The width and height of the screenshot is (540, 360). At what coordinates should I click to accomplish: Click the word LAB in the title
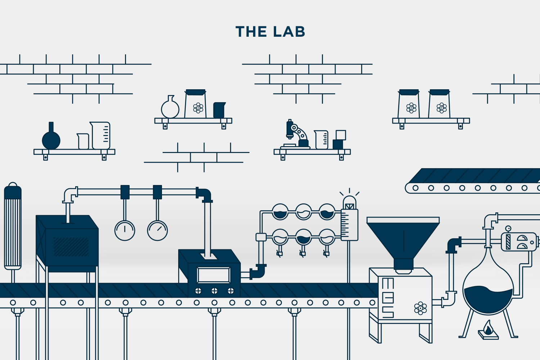[x=289, y=32]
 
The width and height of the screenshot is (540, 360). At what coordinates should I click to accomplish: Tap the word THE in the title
[x=251, y=32]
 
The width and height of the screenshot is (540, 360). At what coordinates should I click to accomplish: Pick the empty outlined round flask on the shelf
[x=170, y=108]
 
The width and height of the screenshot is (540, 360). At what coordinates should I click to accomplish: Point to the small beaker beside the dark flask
[x=83, y=141]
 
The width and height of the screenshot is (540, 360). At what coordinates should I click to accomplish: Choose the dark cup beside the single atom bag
[x=219, y=110]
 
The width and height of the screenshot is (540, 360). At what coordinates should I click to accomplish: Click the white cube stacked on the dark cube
[x=341, y=135]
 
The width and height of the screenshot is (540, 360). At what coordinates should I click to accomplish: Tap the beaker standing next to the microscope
[x=321, y=140]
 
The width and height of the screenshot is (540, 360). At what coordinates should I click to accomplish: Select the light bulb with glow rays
[x=349, y=202]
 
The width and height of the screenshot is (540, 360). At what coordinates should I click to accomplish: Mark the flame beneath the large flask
[x=488, y=328]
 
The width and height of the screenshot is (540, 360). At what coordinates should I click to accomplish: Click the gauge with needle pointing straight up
[x=125, y=230]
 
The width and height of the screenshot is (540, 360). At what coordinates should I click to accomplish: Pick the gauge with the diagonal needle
[x=157, y=230]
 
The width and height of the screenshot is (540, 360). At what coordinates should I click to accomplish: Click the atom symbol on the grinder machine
[x=420, y=308]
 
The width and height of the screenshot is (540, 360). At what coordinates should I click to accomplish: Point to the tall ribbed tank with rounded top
[x=13, y=227]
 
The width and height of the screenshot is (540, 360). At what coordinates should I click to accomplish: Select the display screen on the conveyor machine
[x=213, y=275]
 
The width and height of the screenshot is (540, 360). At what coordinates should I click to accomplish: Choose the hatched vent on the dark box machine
[x=71, y=247]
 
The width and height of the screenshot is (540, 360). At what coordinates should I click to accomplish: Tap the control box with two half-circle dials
[x=519, y=242]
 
